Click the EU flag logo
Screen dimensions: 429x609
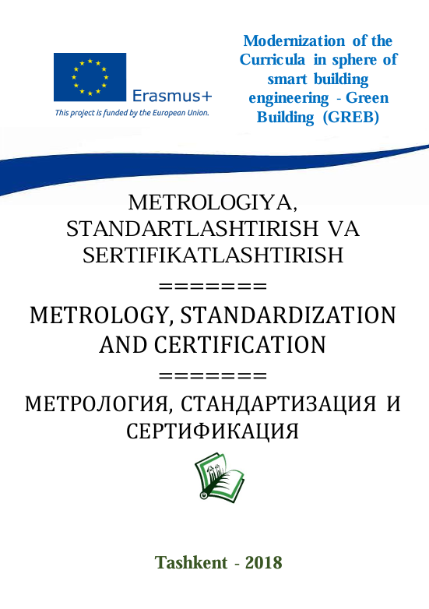click(x=90, y=77)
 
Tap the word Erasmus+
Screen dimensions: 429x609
click(x=172, y=97)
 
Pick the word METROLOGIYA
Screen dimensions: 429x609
click(x=213, y=203)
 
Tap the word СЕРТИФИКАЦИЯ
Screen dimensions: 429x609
click(x=213, y=431)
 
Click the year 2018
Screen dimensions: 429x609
click(x=263, y=562)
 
